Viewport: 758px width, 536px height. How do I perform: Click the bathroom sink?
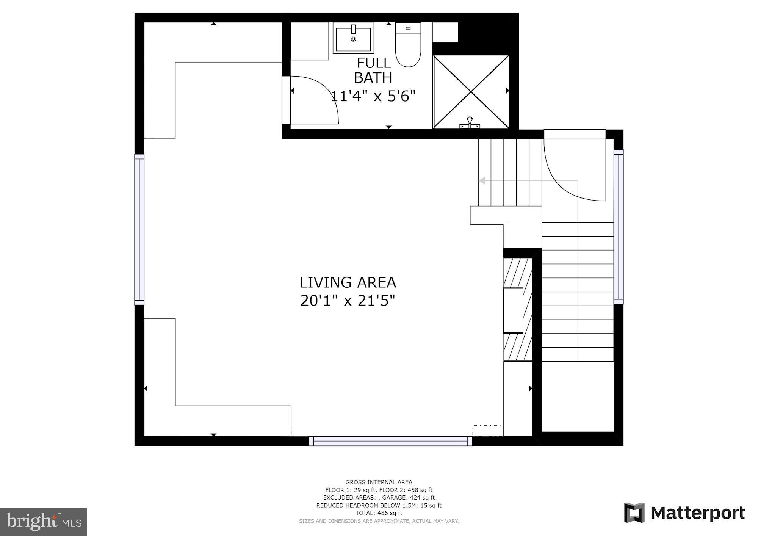[x=353, y=37]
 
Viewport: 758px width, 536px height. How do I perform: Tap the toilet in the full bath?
[x=408, y=45]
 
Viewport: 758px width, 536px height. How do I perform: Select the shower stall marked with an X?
[x=471, y=91]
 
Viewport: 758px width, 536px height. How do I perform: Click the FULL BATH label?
[x=373, y=70]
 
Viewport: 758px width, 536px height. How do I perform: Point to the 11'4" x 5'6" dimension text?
[x=373, y=96]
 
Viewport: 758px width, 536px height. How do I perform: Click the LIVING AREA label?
[x=348, y=282]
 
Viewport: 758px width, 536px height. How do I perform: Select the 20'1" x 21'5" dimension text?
[x=348, y=301]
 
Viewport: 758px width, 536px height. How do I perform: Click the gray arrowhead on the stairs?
[x=482, y=181]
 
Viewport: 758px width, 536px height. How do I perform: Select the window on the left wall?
[x=139, y=229]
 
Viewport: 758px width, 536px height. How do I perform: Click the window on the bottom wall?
[x=390, y=441]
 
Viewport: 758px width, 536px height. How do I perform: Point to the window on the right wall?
[x=619, y=226]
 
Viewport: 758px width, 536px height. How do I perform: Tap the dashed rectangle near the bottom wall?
[x=487, y=431]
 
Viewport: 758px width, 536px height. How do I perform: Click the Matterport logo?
[x=684, y=513]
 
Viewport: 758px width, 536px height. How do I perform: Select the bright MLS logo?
[x=44, y=522]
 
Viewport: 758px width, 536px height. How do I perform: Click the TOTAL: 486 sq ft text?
[x=379, y=513]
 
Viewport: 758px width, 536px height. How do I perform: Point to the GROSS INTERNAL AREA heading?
[x=379, y=482]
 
